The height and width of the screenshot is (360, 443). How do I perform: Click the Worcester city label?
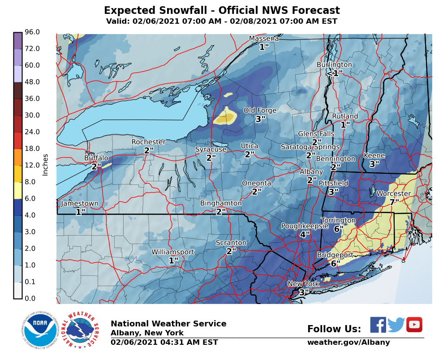[x=393, y=194]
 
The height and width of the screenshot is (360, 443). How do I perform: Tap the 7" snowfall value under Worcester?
[x=394, y=202]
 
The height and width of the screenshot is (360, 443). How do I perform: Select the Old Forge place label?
[x=260, y=111]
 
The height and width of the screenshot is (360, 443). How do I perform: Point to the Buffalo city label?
[x=96, y=158]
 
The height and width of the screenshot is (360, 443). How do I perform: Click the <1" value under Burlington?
[x=334, y=73]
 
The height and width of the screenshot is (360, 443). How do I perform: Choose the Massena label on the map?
[x=264, y=39]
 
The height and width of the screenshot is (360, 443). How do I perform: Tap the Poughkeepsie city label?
[x=305, y=226]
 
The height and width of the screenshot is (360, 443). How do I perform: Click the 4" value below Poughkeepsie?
[x=305, y=235]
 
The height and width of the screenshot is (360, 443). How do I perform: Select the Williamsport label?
[x=172, y=252]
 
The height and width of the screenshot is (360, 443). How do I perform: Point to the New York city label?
[x=303, y=284]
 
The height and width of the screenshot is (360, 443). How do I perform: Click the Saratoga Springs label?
[x=310, y=147]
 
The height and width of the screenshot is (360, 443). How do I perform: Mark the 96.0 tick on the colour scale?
[x=32, y=32]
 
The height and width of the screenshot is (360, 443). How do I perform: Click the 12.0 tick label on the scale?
[x=32, y=165]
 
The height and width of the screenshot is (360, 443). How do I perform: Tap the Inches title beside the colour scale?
[x=45, y=165]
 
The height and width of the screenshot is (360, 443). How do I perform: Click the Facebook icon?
[x=378, y=325]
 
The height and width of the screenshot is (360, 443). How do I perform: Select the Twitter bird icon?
[x=396, y=325]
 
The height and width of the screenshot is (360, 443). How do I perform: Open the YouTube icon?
[x=414, y=325]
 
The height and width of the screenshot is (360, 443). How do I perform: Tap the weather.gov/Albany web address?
[x=348, y=343]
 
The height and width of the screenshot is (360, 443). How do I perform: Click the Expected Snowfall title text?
[x=222, y=11]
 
